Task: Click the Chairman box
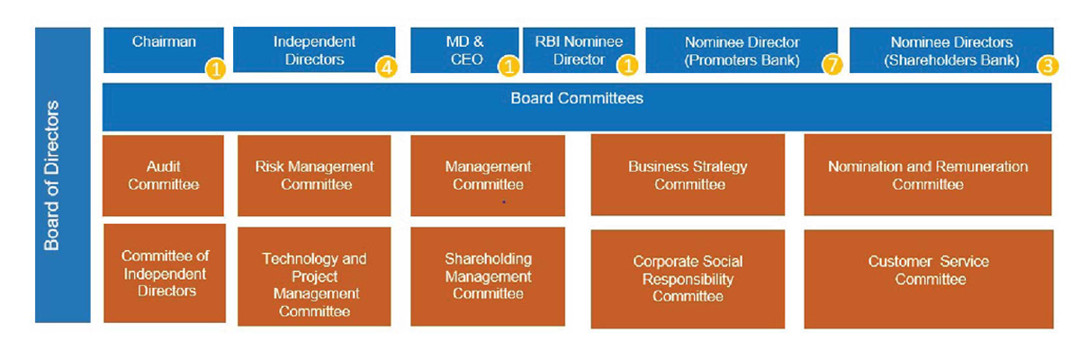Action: (x=164, y=50)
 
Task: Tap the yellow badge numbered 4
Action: (x=387, y=67)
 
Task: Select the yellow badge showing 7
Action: (x=832, y=65)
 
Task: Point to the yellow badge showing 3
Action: (x=1048, y=66)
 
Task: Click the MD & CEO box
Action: (x=464, y=50)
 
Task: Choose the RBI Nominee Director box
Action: (x=579, y=50)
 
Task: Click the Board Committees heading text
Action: (x=577, y=98)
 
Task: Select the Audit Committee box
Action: (x=163, y=175)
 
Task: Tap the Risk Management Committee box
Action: (x=314, y=175)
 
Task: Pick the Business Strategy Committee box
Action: (x=688, y=175)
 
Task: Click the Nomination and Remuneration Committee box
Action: (x=928, y=175)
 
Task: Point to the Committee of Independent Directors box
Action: (x=165, y=274)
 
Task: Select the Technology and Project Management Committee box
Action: (x=314, y=276)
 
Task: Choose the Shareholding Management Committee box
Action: (x=488, y=276)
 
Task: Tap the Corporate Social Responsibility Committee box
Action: (x=688, y=279)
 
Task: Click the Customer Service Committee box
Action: (x=929, y=279)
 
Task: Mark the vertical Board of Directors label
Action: (x=51, y=175)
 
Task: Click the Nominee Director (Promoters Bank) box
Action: (x=742, y=50)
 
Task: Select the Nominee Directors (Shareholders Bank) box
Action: (x=951, y=50)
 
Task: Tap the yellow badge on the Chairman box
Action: (x=215, y=69)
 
